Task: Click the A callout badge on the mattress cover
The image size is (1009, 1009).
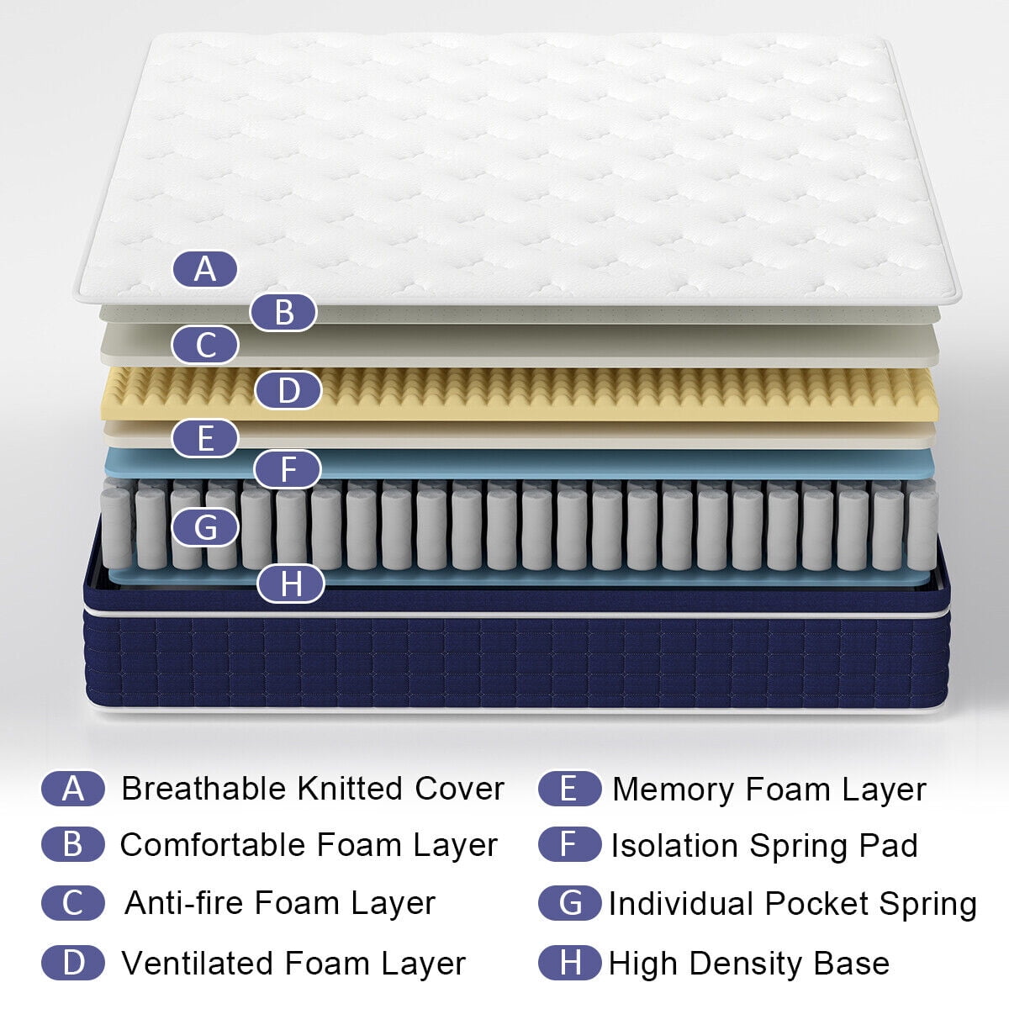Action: pos(205,270)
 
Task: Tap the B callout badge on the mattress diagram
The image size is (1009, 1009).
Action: pos(283,312)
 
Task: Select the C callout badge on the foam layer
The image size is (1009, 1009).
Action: pos(205,346)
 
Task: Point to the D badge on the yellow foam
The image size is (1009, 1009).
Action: pos(288,391)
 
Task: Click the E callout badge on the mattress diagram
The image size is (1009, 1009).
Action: pos(205,439)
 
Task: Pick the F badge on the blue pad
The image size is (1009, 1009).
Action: pos(288,469)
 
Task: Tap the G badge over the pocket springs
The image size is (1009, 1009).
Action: pos(205,528)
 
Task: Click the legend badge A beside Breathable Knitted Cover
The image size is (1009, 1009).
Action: pos(73,789)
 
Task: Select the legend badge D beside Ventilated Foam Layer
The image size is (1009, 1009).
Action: pos(73,963)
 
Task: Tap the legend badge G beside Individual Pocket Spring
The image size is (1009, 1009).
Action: pos(569,903)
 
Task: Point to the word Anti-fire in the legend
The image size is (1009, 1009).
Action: pos(184,903)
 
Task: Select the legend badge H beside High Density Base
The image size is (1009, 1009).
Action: pos(569,963)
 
